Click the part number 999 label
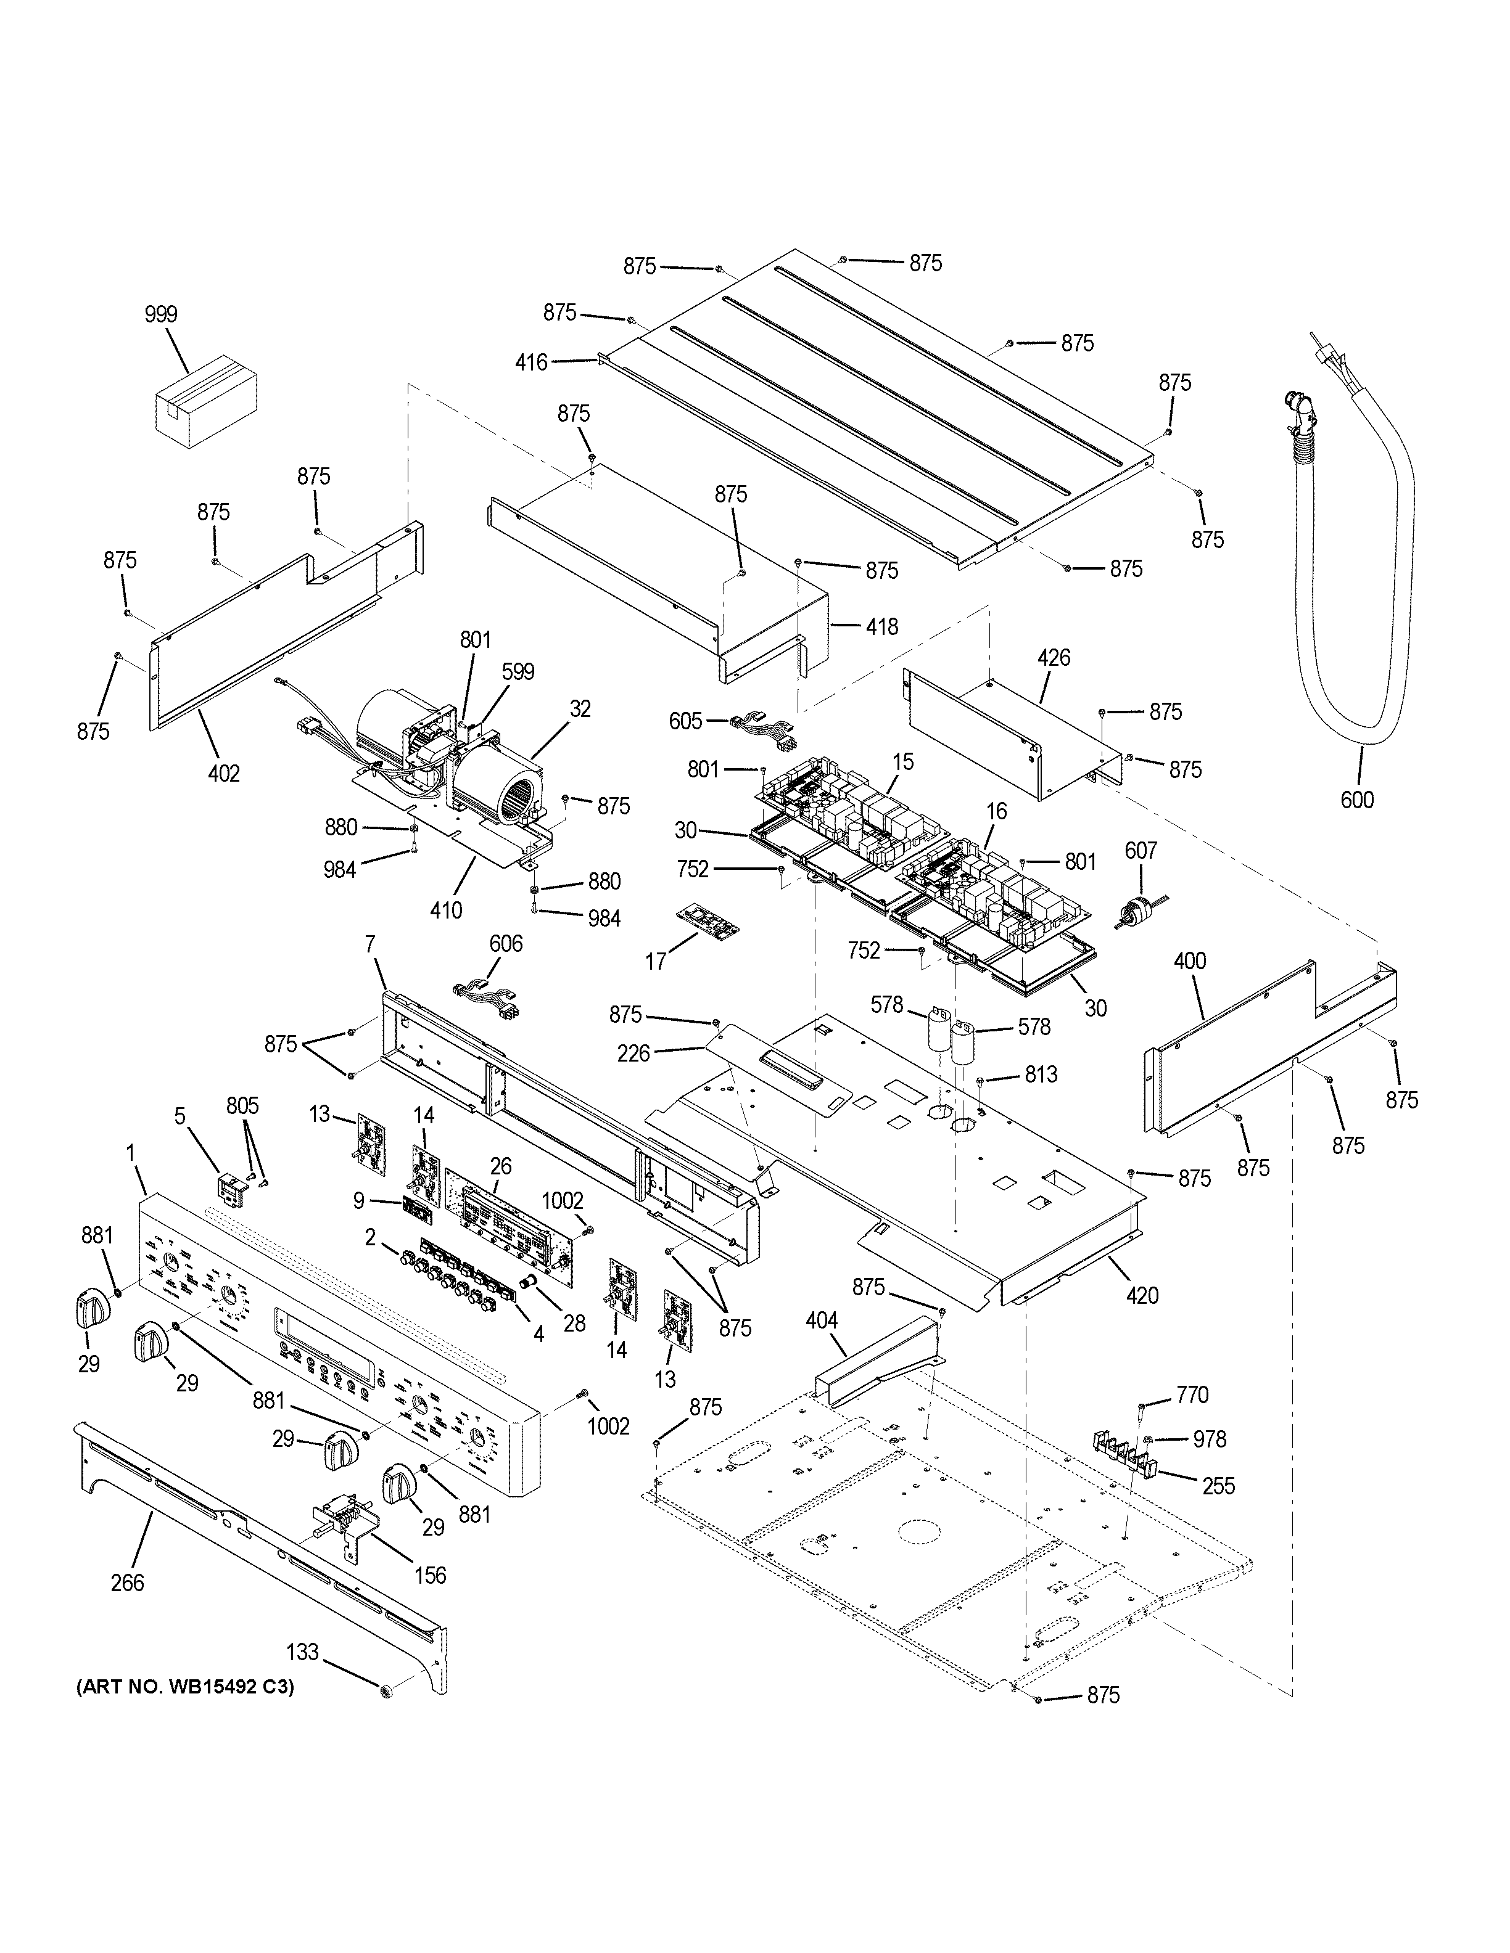(161, 314)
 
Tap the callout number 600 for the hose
(1356, 800)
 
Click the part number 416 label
(531, 362)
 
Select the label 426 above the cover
(1053, 658)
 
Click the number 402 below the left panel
(224, 774)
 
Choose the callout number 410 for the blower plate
(445, 911)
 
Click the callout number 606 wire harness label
(505, 943)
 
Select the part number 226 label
(633, 1054)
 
